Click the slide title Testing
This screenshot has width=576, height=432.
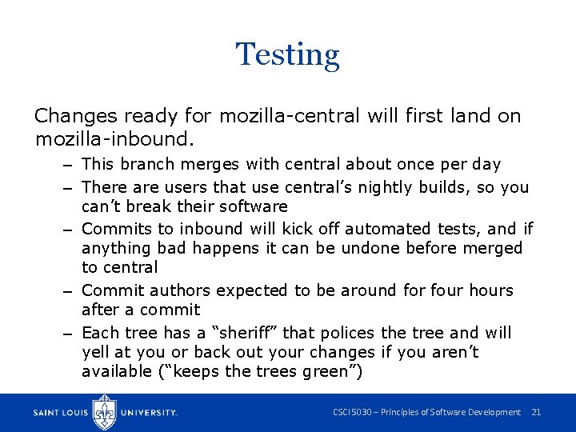(x=287, y=54)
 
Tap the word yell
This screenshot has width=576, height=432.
(x=96, y=352)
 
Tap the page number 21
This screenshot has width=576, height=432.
(x=536, y=412)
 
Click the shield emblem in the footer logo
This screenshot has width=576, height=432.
(x=105, y=411)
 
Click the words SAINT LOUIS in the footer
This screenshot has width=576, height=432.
(x=62, y=413)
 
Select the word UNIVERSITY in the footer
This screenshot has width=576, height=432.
(x=148, y=413)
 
